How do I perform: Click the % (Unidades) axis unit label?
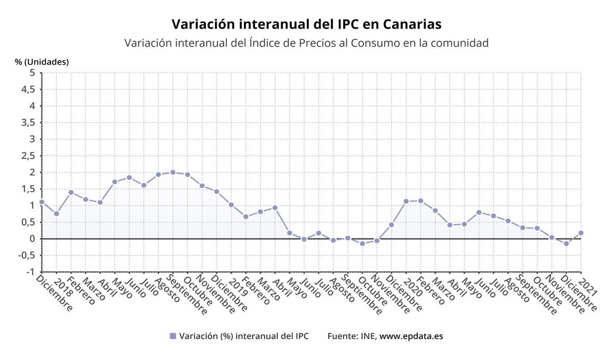(x=42, y=62)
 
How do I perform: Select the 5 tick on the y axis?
(x=32, y=73)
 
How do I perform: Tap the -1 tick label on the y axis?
(x=30, y=272)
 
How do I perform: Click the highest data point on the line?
(x=173, y=172)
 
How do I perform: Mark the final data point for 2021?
(x=581, y=233)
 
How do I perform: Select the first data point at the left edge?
(x=42, y=202)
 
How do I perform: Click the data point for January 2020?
(x=406, y=201)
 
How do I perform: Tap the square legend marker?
(x=173, y=336)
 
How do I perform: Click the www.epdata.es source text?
(x=411, y=336)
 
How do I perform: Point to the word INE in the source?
(x=369, y=336)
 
